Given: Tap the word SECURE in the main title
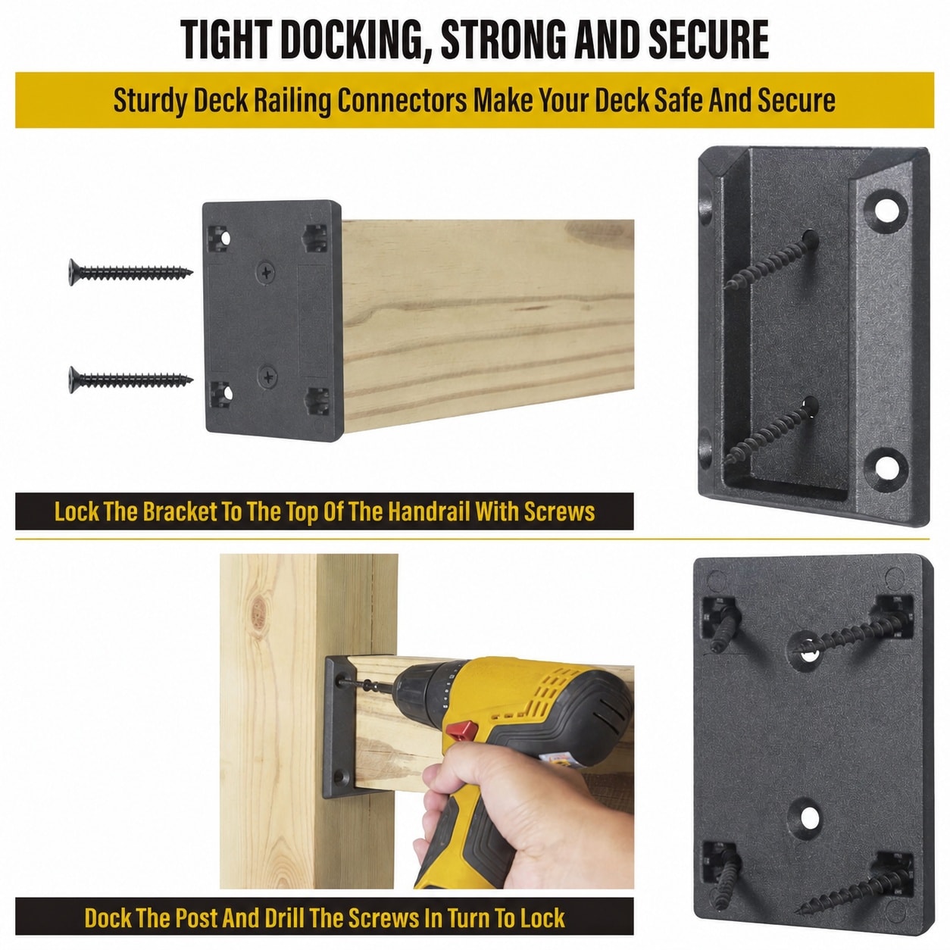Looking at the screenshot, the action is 708,39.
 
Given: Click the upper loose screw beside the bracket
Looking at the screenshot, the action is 130,272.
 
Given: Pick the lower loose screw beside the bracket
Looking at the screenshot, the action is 130,379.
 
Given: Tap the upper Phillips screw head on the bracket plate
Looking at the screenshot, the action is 266,272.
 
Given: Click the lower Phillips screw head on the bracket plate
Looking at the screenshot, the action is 267,377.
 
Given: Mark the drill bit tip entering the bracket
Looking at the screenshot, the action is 342,682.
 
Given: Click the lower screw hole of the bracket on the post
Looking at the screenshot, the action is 339,778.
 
